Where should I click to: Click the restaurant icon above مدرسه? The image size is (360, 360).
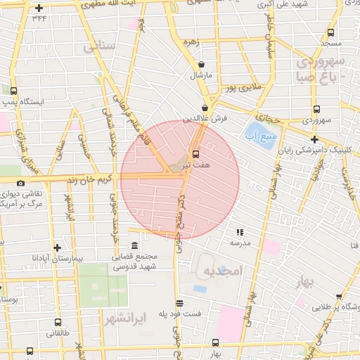point(239,231)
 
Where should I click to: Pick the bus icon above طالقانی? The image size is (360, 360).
point(57,323)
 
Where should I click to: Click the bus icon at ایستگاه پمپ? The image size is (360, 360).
point(14,91)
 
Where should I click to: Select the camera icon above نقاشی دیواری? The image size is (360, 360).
point(20,183)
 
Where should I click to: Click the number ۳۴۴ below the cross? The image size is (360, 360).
point(39,18)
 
